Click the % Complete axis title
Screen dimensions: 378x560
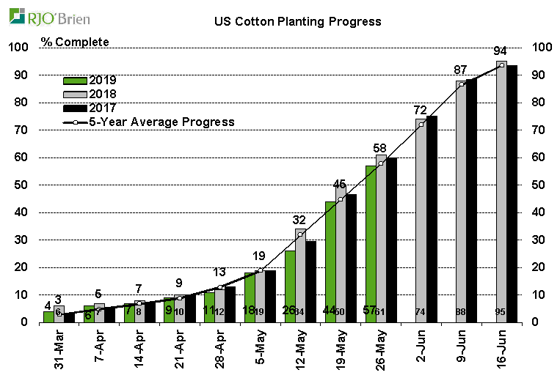[75, 42]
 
